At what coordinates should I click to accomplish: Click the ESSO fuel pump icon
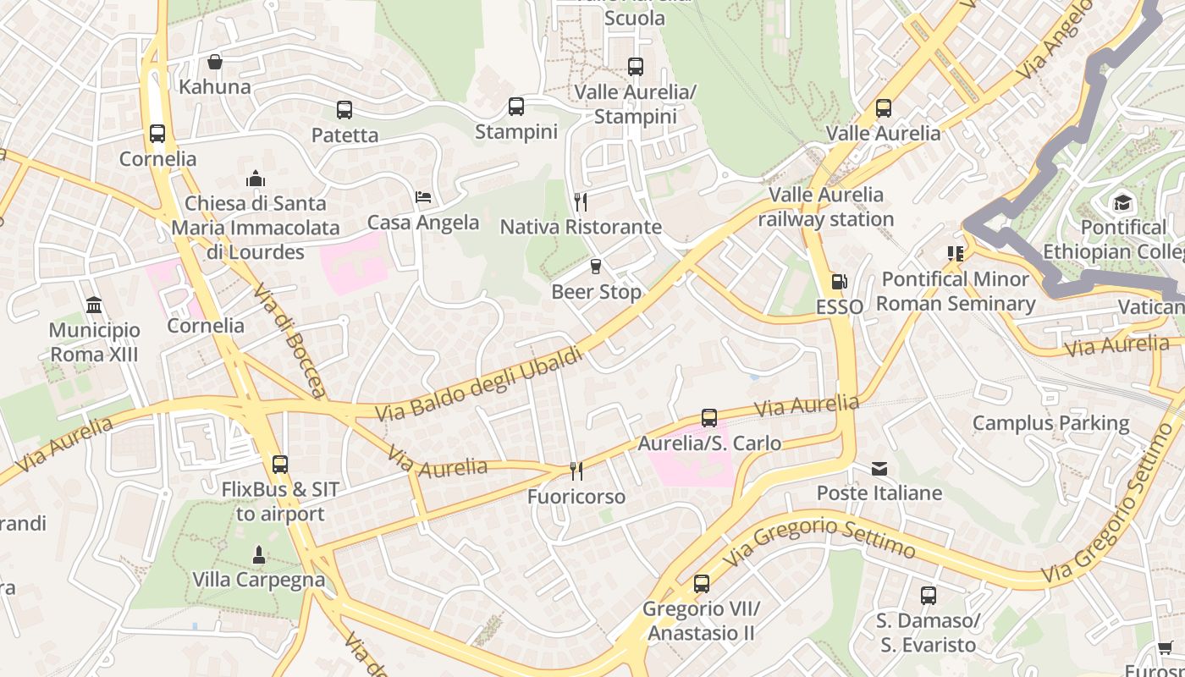click(839, 282)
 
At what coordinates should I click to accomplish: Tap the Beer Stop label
click(596, 292)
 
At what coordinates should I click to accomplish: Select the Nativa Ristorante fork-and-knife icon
click(581, 201)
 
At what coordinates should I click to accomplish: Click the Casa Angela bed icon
click(423, 197)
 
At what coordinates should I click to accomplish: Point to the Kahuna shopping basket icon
click(215, 62)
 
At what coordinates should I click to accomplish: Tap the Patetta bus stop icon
click(344, 109)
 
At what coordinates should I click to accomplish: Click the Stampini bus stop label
click(515, 132)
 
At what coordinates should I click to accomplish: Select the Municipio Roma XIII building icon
click(94, 305)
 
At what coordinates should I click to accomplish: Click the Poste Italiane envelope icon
click(879, 468)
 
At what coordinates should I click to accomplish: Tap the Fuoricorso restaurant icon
click(576, 471)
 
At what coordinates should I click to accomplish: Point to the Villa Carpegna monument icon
click(259, 555)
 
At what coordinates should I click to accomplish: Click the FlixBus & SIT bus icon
click(280, 464)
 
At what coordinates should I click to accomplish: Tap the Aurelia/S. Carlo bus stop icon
click(709, 417)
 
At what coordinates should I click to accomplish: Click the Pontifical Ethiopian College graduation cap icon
click(1122, 202)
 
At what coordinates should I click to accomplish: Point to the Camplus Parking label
click(1050, 423)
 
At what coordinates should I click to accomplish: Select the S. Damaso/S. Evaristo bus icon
click(929, 595)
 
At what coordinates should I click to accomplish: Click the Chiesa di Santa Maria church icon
click(256, 179)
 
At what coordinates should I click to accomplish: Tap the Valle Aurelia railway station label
click(825, 206)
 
